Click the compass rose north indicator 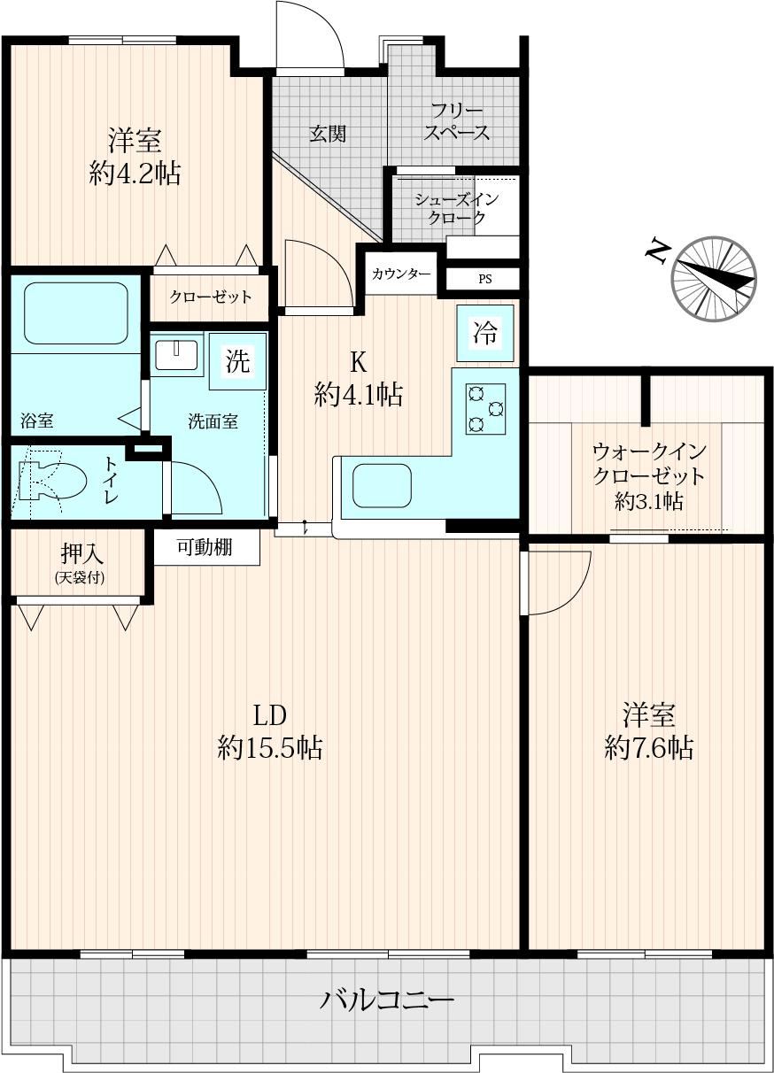click(714, 278)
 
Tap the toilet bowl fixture click(52, 481)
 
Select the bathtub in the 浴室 click(76, 313)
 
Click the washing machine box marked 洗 click(237, 360)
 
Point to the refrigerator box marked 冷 click(485, 333)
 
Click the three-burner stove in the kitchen click(485, 409)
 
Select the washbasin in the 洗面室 click(176, 354)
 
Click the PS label click(484, 279)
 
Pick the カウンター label click(401, 274)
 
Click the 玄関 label click(328, 134)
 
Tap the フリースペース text click(456, 121)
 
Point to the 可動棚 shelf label click(205, 546)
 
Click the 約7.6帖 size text click(649, 746)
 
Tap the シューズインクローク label click(456, 208)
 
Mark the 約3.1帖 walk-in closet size click(649, 502)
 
